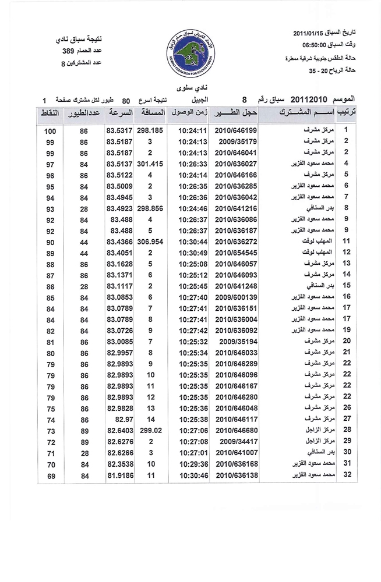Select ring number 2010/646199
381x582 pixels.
(x=236, y=130)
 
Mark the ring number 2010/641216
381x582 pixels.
(x=236, y=208)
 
